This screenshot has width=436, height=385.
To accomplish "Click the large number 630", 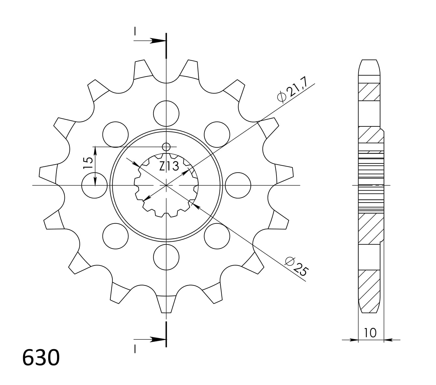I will tap(41, 358).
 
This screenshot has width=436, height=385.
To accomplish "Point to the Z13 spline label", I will tap(169, 166).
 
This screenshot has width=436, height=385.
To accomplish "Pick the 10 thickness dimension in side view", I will tap(370, 333).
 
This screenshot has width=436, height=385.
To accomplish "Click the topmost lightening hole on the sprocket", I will tap(166, 113).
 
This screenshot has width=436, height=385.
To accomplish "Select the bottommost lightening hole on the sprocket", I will tap(166, 257).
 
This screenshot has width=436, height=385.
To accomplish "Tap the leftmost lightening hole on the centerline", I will tap(94, 186).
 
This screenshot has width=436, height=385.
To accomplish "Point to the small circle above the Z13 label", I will tap(166, 147).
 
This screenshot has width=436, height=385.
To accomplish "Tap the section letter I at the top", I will tap(135, 31).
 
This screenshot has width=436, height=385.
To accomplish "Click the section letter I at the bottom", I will tap(135, 349).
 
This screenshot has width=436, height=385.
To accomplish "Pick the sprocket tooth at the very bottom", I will tap(166, 305).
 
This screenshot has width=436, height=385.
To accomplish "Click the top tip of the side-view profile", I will tap(369, 61).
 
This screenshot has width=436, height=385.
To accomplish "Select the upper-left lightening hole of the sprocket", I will tap(115, 135).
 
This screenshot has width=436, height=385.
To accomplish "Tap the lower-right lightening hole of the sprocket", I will tap(217, 236).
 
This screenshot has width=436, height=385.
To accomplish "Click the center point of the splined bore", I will tap(166, 186).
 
